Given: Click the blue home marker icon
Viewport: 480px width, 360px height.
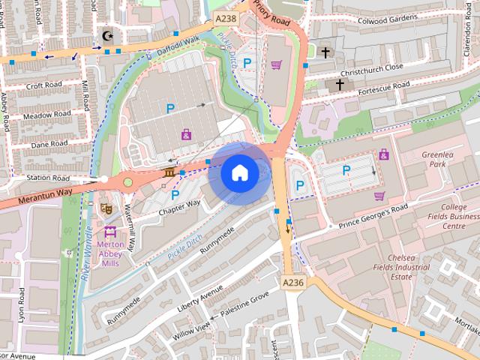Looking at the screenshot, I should [x=239, y=173].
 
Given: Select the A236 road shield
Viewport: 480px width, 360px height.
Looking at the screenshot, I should [x=293, y=281].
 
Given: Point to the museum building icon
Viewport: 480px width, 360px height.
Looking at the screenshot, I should [x=169, y=175].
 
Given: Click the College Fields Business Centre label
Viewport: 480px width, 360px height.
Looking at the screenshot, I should [x=453, y=216].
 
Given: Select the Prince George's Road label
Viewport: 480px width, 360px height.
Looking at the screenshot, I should [x=373, y=215].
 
